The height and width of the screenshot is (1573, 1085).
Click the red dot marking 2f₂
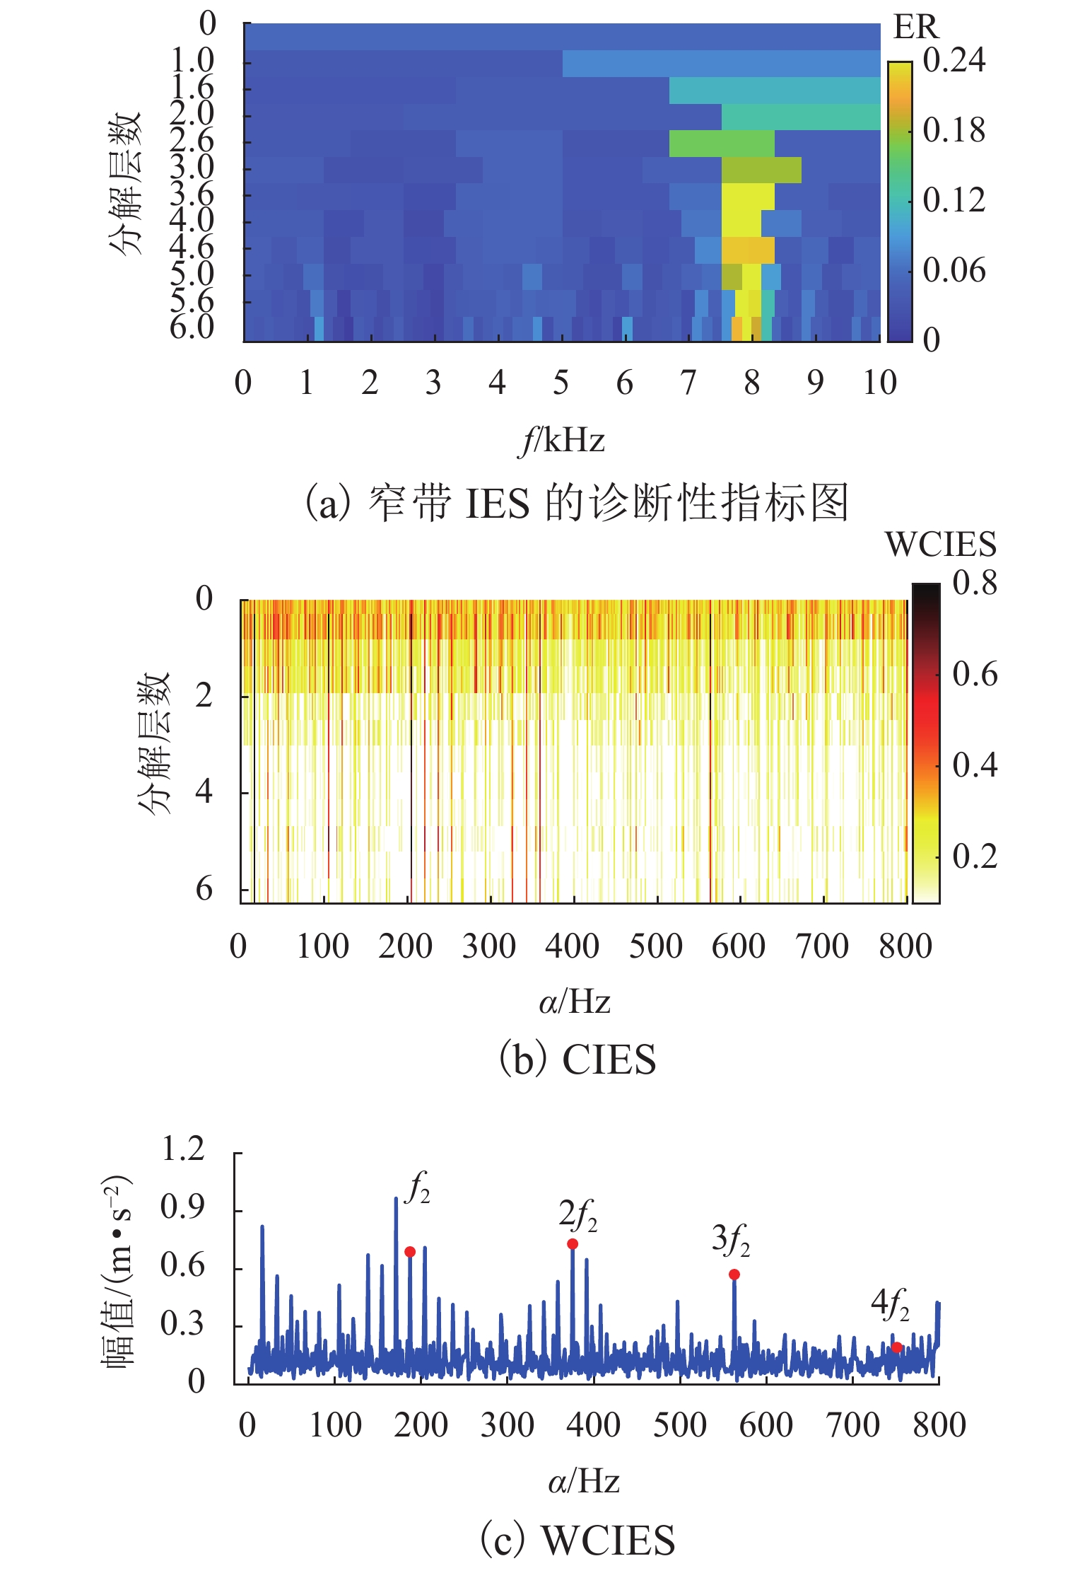pyautogui.click(x=573, y=1243)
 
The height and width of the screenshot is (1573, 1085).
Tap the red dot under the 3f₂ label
pyautogui.click(x=734, y=1274)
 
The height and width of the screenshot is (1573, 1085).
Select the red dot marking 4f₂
pyautogui.click(x=896, y=1347)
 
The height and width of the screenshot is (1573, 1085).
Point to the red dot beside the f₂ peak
pyautogui.click(x=410, y=1251)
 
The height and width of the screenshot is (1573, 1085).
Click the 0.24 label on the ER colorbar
pyautogui.click(x=954, y=60)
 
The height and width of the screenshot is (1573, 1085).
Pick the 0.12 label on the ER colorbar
pyautogui.click(x=954, y=200)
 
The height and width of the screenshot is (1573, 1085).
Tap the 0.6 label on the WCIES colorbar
pyautogui.click(x=975, y=674)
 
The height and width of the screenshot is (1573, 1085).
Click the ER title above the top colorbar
pyautogui.click(x=916, y=28)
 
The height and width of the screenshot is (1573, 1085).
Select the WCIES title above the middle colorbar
pyautogui.click(x=940, y=544)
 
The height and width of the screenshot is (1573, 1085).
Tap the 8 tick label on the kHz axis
pyautogui.click(x=751, y=383)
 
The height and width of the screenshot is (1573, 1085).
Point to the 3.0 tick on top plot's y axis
pyautogui.click(x=192, y=168)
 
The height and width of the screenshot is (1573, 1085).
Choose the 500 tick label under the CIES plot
pyautogui.click(x=656, y=946)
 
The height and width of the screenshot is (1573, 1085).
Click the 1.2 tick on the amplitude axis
pyautogui.click(x=182, y=1149)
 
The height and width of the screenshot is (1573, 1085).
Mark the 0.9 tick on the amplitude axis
pyautogui.click(x=182, y=1207)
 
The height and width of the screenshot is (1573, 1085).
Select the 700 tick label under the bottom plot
pyautogui.click(x=853, y=1425)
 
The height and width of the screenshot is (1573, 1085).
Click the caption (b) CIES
pyautogui.click(x=577, y=1060)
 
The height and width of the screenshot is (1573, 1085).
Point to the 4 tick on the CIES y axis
pyautogui.click(x=204, y=791)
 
